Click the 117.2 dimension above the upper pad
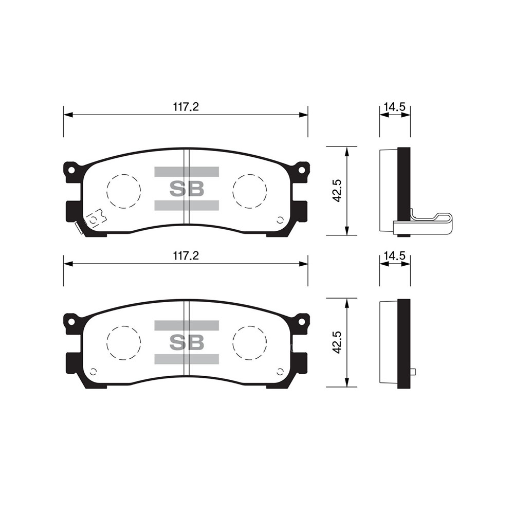186,107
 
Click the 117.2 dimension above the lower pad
186,255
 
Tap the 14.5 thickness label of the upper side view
395,107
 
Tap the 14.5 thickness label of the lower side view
395,255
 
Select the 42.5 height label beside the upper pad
337,191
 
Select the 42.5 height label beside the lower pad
337,342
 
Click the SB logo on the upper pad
187,189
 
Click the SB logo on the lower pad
187,342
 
